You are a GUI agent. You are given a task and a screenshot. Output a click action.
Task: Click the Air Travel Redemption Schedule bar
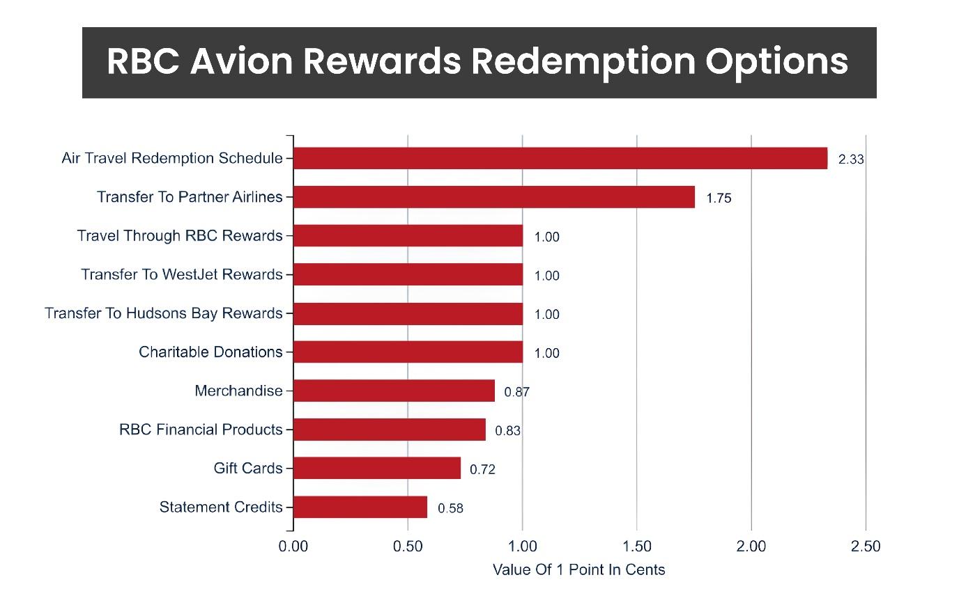click(560, 159)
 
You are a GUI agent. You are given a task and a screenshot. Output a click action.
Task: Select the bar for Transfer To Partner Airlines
click(494, 197)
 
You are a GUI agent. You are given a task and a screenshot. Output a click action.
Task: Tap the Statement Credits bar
click(360, 508)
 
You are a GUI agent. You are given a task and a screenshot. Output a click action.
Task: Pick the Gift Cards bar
click(377, 469)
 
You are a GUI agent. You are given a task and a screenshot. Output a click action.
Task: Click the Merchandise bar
click(394, 391)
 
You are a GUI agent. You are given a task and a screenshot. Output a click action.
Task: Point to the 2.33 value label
click(851, 159)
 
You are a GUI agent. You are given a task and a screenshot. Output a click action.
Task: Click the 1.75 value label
click(719, 198)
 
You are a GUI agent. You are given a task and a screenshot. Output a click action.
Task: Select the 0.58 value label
click(450, 508)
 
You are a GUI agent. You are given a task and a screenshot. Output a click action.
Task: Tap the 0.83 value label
click(507, 431)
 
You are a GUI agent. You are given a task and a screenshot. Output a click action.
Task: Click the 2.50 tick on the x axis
click(866, 547)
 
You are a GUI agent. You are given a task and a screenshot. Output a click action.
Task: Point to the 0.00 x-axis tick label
click(293, 547)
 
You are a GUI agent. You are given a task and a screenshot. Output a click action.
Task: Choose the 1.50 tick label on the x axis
click(637, 547)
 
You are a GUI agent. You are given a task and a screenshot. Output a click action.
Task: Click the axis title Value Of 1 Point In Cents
click(578, 570)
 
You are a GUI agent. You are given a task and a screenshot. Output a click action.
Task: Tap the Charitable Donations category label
click(210, 352)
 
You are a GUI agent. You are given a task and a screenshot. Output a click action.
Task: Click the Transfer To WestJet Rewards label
click(182, 275)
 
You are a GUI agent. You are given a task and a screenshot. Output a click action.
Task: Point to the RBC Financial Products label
click(201, 430)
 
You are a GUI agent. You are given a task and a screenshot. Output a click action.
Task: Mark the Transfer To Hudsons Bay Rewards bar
click(408, 314)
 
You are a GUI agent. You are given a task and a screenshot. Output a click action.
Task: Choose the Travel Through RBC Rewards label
click(180, 236)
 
